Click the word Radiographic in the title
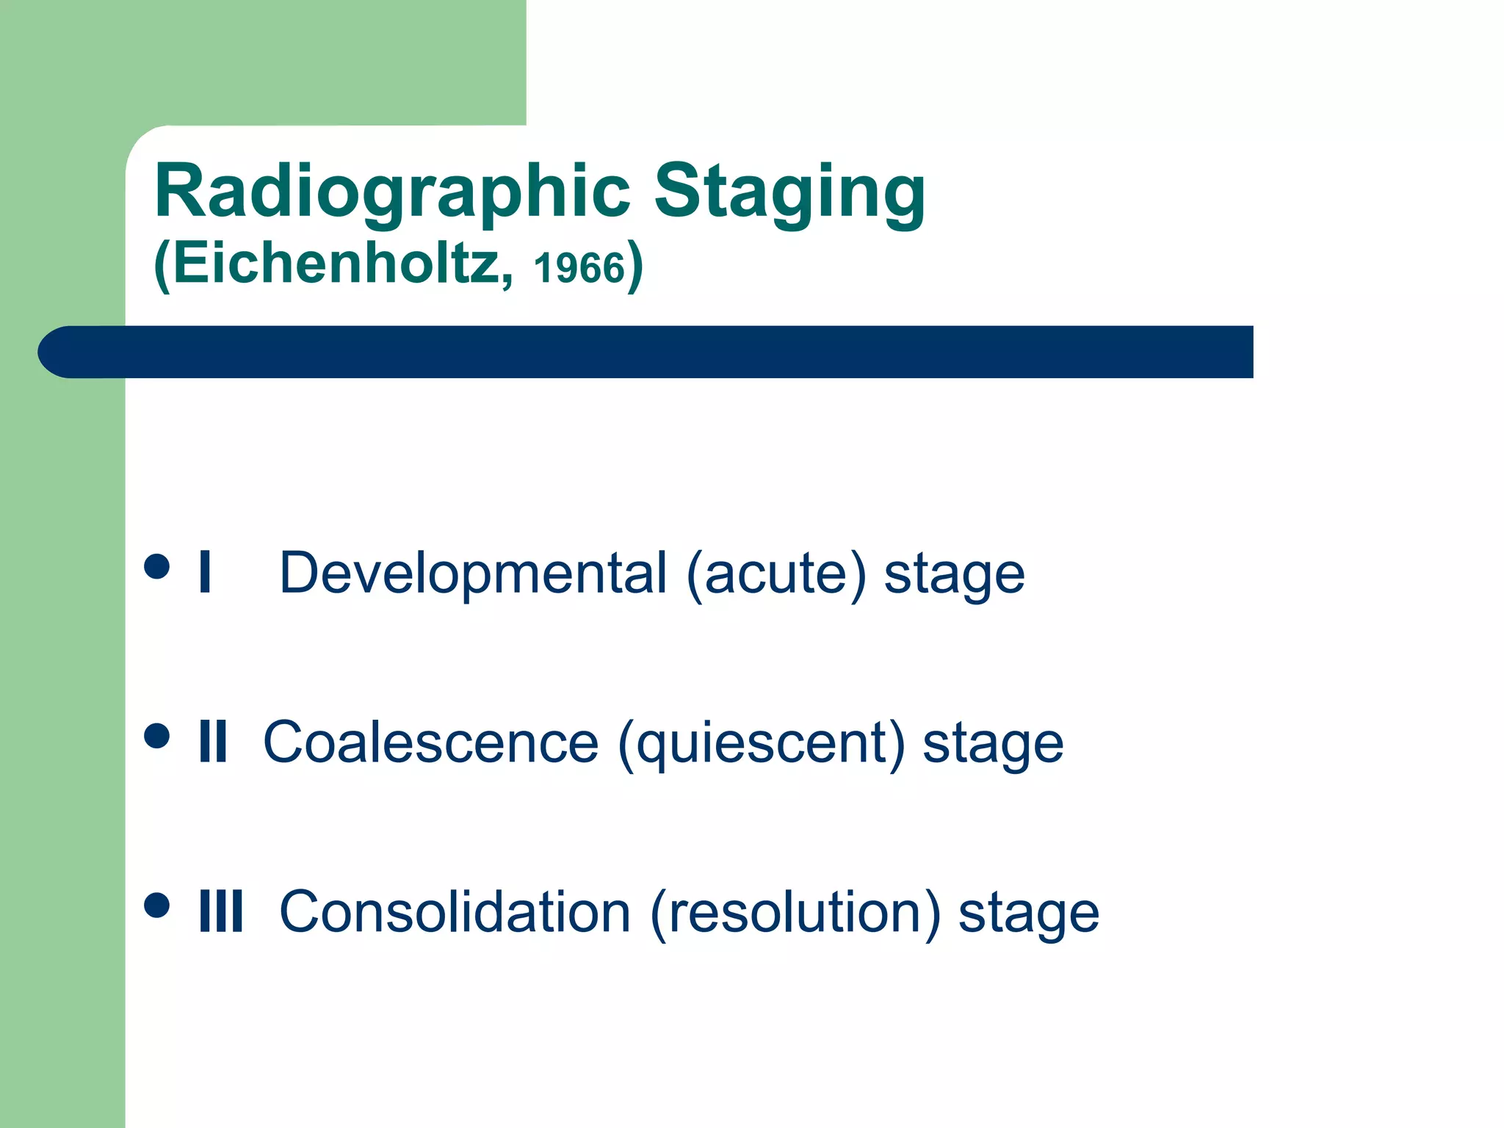click(392, 192)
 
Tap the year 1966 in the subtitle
click(579, 268)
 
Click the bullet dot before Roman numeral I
click(157, 567)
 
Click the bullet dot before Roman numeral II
click(157, 736)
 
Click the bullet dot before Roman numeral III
click(157, 905)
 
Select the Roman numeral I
click(205, 573)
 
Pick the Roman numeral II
click(213, 742)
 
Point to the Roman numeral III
click(220, 911)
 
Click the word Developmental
click(473, 573)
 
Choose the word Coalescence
click(430, 742)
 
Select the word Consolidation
click(455, 912)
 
